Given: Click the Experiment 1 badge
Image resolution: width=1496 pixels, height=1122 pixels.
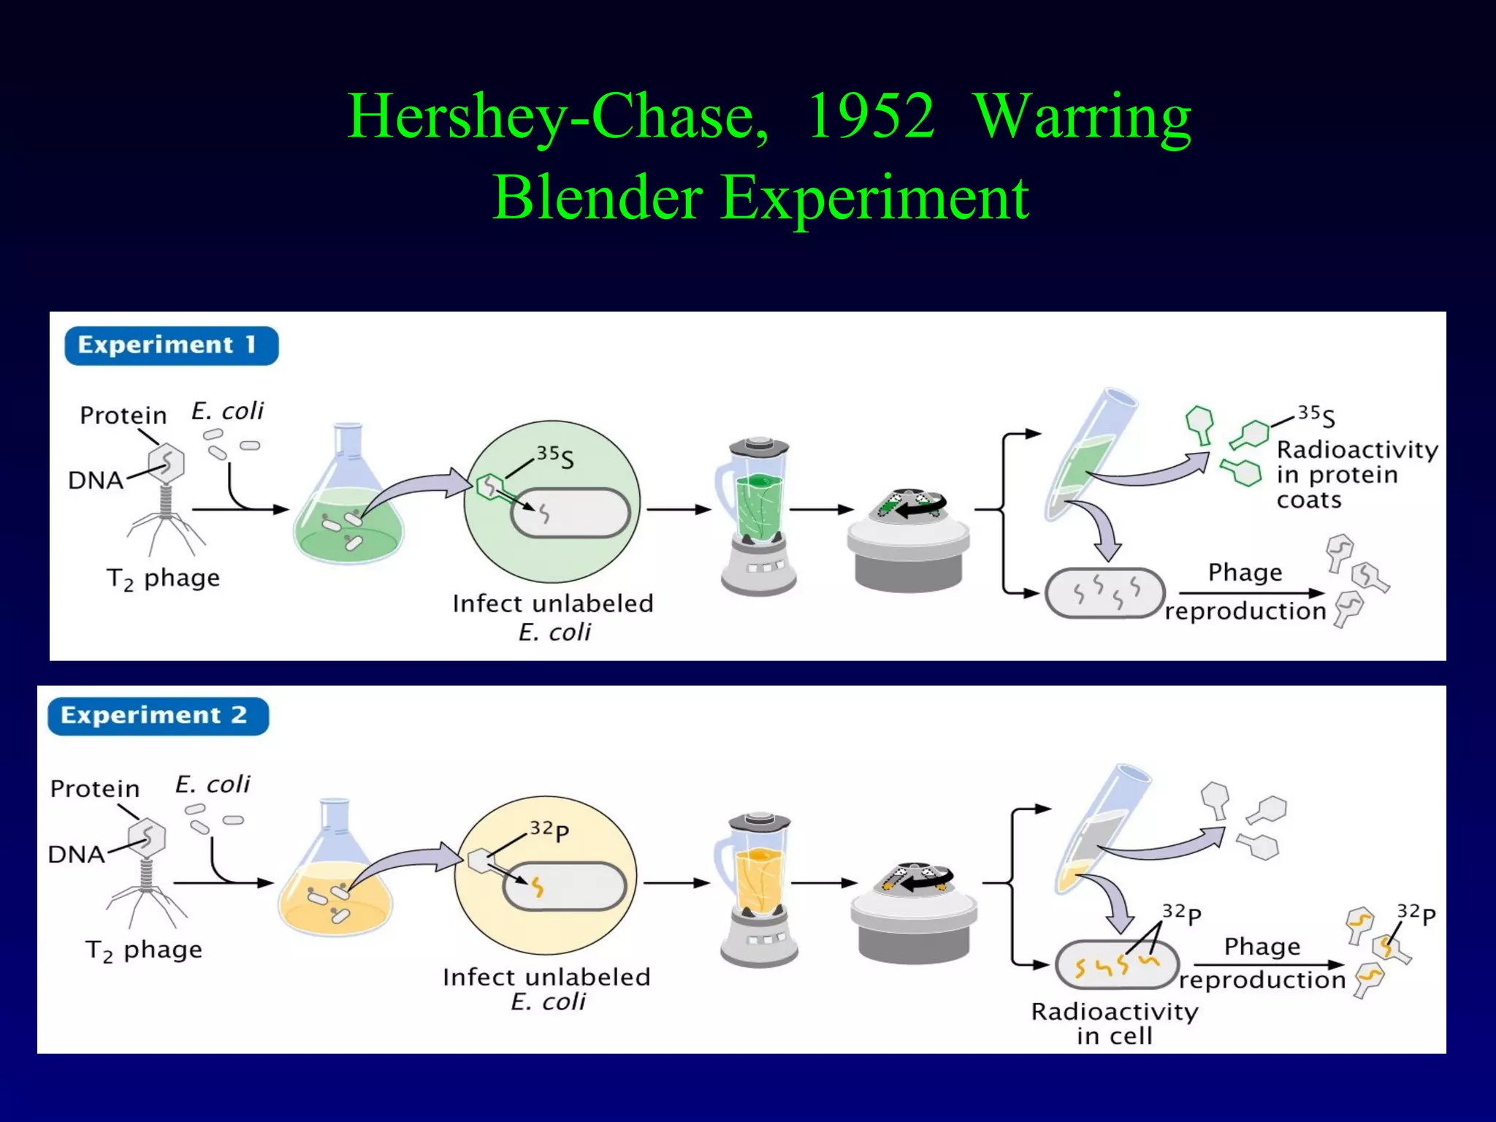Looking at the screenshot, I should (x=171, y=346).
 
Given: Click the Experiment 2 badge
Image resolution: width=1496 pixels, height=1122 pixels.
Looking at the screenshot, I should (x=158, y=716).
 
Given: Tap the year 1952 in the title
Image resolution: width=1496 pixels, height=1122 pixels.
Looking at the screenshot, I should (x=870, y=117).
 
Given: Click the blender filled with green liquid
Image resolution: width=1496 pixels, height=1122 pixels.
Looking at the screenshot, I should (x=757, y=515).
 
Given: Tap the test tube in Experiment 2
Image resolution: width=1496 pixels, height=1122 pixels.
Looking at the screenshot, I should (x=1099, y=829).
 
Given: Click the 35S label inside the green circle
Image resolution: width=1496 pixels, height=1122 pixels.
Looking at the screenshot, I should (x=555, y=457).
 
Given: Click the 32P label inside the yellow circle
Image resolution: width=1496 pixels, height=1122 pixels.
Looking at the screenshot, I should (x=549, y=830).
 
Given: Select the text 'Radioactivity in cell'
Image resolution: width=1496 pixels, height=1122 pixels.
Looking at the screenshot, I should (x=1115, y=1023).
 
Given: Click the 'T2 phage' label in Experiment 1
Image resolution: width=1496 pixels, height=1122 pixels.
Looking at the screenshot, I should (x=163, y=579).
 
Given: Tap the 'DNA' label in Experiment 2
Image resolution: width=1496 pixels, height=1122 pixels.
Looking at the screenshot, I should (x=76, y=854).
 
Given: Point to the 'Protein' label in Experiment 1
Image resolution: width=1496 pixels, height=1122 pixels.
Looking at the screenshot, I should (x=123, y=415).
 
